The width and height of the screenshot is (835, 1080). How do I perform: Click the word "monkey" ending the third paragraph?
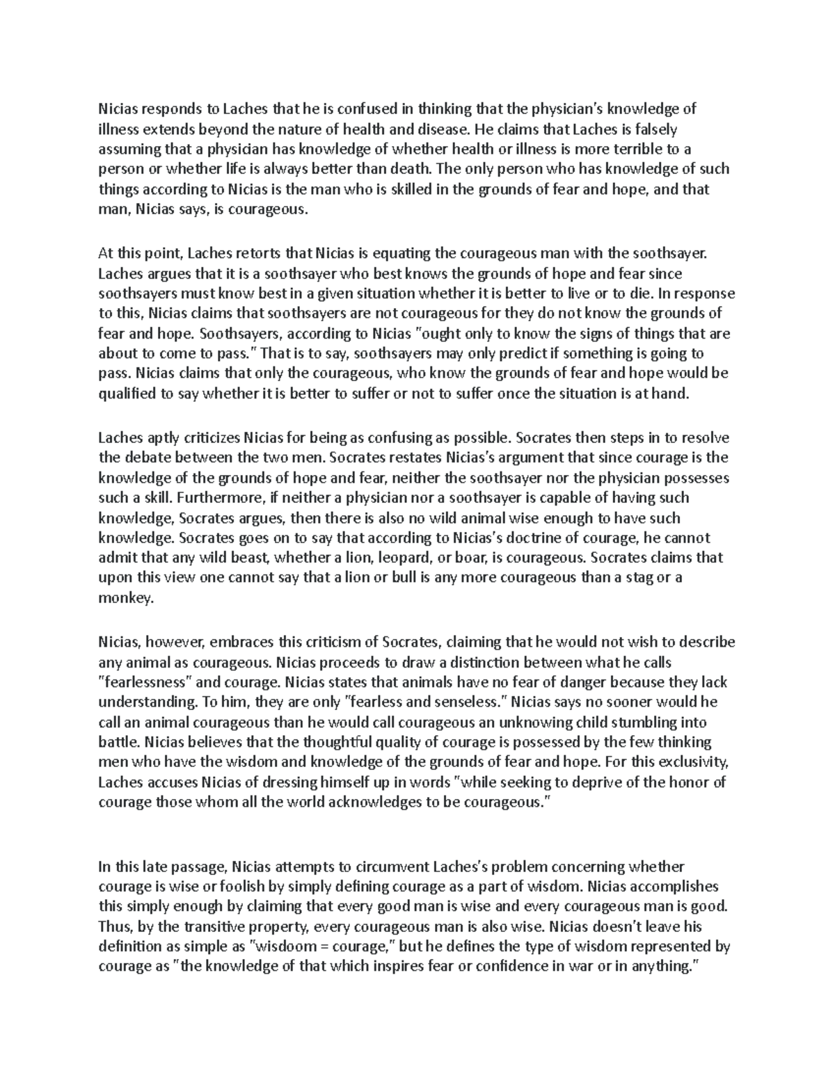pos(123,598)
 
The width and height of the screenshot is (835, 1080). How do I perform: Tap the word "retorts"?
pos(281,254)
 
